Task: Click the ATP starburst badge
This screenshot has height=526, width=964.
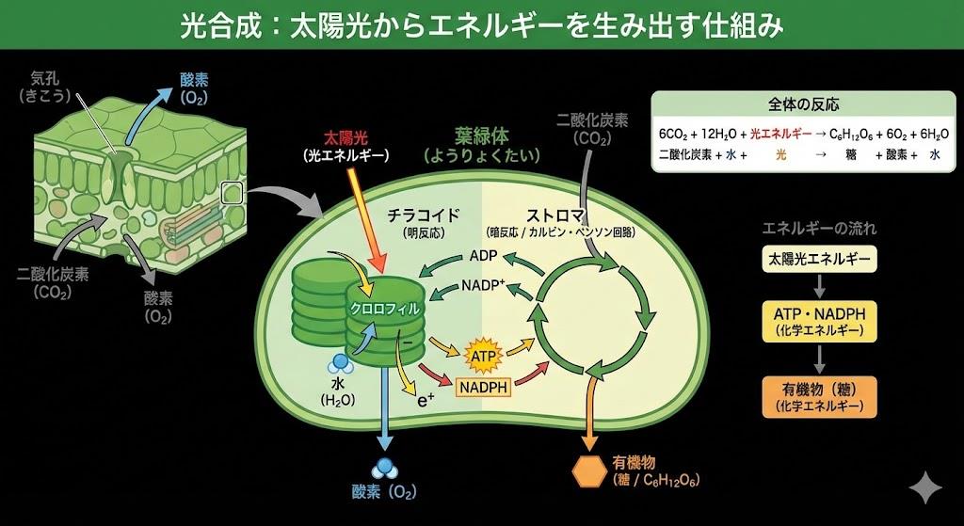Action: pyautogui.click(x=481, y=356)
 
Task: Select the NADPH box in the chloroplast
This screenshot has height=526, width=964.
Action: pyautogui.click(x=483, y=386)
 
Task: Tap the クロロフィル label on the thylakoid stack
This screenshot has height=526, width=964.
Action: pyautogui.click(x=384, y=308)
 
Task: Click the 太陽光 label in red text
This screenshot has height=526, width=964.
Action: pyautogui.click(x=345, y=137)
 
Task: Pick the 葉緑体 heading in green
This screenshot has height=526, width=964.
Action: pyautogui.click(x=482, y=136)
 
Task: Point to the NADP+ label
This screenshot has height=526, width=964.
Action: pyautogui.click(x=483, y=284)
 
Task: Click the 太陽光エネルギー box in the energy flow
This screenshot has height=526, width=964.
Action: pyautogui.click(x=818, y=256)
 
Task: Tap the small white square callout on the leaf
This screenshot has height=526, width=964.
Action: pyautogui.click(x=232, y=193)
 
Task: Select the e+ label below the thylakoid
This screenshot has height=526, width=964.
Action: pyautogui.click(x=424, y=399)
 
